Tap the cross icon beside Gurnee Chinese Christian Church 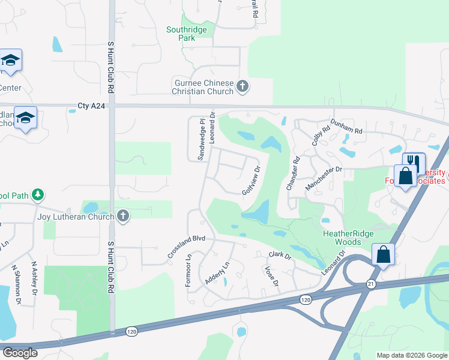(x=243, y=87)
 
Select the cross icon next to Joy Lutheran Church (x=123, y=217)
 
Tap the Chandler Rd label (x=292, y=173)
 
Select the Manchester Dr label (x=323, y=178)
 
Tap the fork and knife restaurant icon (x=412, y=161)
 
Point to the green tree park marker (x=38, y=194)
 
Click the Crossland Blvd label (x=187, y=247)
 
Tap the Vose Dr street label (x=271, y=277)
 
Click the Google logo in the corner (x=20, y=353)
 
